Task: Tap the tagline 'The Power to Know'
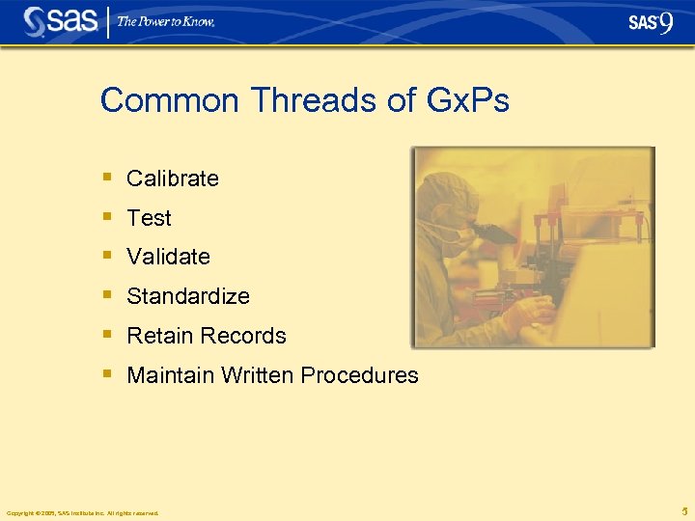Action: point(166,21)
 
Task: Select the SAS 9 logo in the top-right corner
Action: point(651,22)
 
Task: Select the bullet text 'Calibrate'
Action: point(173,178)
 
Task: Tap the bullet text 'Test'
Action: point(149,218)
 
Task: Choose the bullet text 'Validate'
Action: point(168,257)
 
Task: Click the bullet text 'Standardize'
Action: point(188,296)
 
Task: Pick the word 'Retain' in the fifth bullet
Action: point(158,336)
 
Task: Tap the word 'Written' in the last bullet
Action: point(254,375)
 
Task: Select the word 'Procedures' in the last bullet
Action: point(360,375)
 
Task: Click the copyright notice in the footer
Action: point(82,512)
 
